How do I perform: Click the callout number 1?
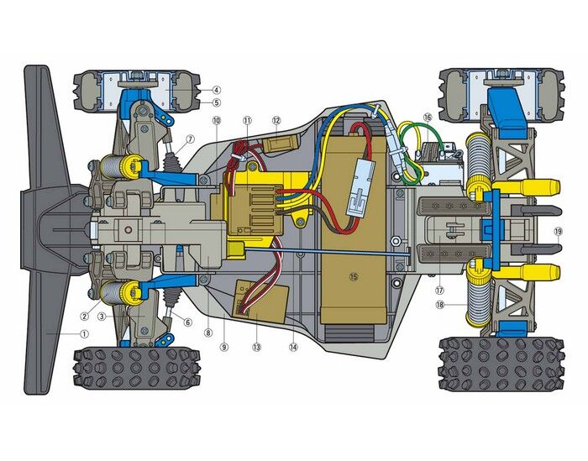[x=85, y=333]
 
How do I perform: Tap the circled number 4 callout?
[x=216, y=90]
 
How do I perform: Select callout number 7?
[x=190, y=139]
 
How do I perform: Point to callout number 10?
[x=217, y=120]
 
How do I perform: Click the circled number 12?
[x=276, y=120]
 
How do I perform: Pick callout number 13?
[x=256, y=347]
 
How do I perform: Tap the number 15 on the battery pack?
[x=354, y=276]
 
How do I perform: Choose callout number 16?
[x=428, y=118]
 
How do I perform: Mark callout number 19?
[x=558, y=231]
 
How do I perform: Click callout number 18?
[x=440, y=305]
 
